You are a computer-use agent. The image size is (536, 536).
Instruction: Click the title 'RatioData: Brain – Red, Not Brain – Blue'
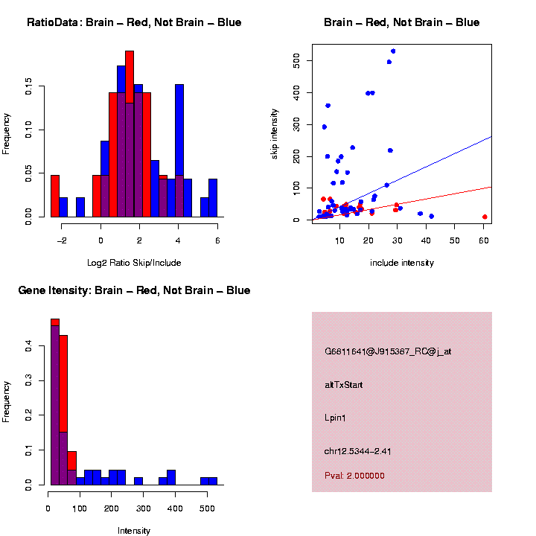(x=134, y=22)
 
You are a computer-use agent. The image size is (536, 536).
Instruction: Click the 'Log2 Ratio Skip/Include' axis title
(x=134, y=263)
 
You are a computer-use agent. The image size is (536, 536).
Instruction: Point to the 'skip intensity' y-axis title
(x=275, y=132)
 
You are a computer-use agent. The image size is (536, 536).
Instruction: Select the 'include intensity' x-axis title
(x=401, y=263)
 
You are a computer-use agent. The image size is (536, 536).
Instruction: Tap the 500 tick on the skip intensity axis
(x=297, y=60)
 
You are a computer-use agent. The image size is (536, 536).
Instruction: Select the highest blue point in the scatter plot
(x=393, y=51)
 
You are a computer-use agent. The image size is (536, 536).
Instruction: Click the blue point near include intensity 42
(x=432, y=216)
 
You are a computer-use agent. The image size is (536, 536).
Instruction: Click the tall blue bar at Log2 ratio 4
(x=179, y=149)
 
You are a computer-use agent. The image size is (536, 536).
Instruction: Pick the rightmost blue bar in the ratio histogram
(x=213, y=198)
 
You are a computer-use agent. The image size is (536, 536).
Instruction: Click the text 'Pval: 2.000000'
(x=354, y=476)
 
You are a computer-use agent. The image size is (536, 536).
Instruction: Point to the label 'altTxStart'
(x=344, y=385)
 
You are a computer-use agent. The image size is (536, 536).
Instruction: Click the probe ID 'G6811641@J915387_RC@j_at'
(x=388, y=351)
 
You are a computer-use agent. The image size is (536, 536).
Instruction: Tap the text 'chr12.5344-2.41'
(x=358, y=451)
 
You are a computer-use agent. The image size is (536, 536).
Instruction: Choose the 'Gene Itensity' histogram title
(x=134, y=290)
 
